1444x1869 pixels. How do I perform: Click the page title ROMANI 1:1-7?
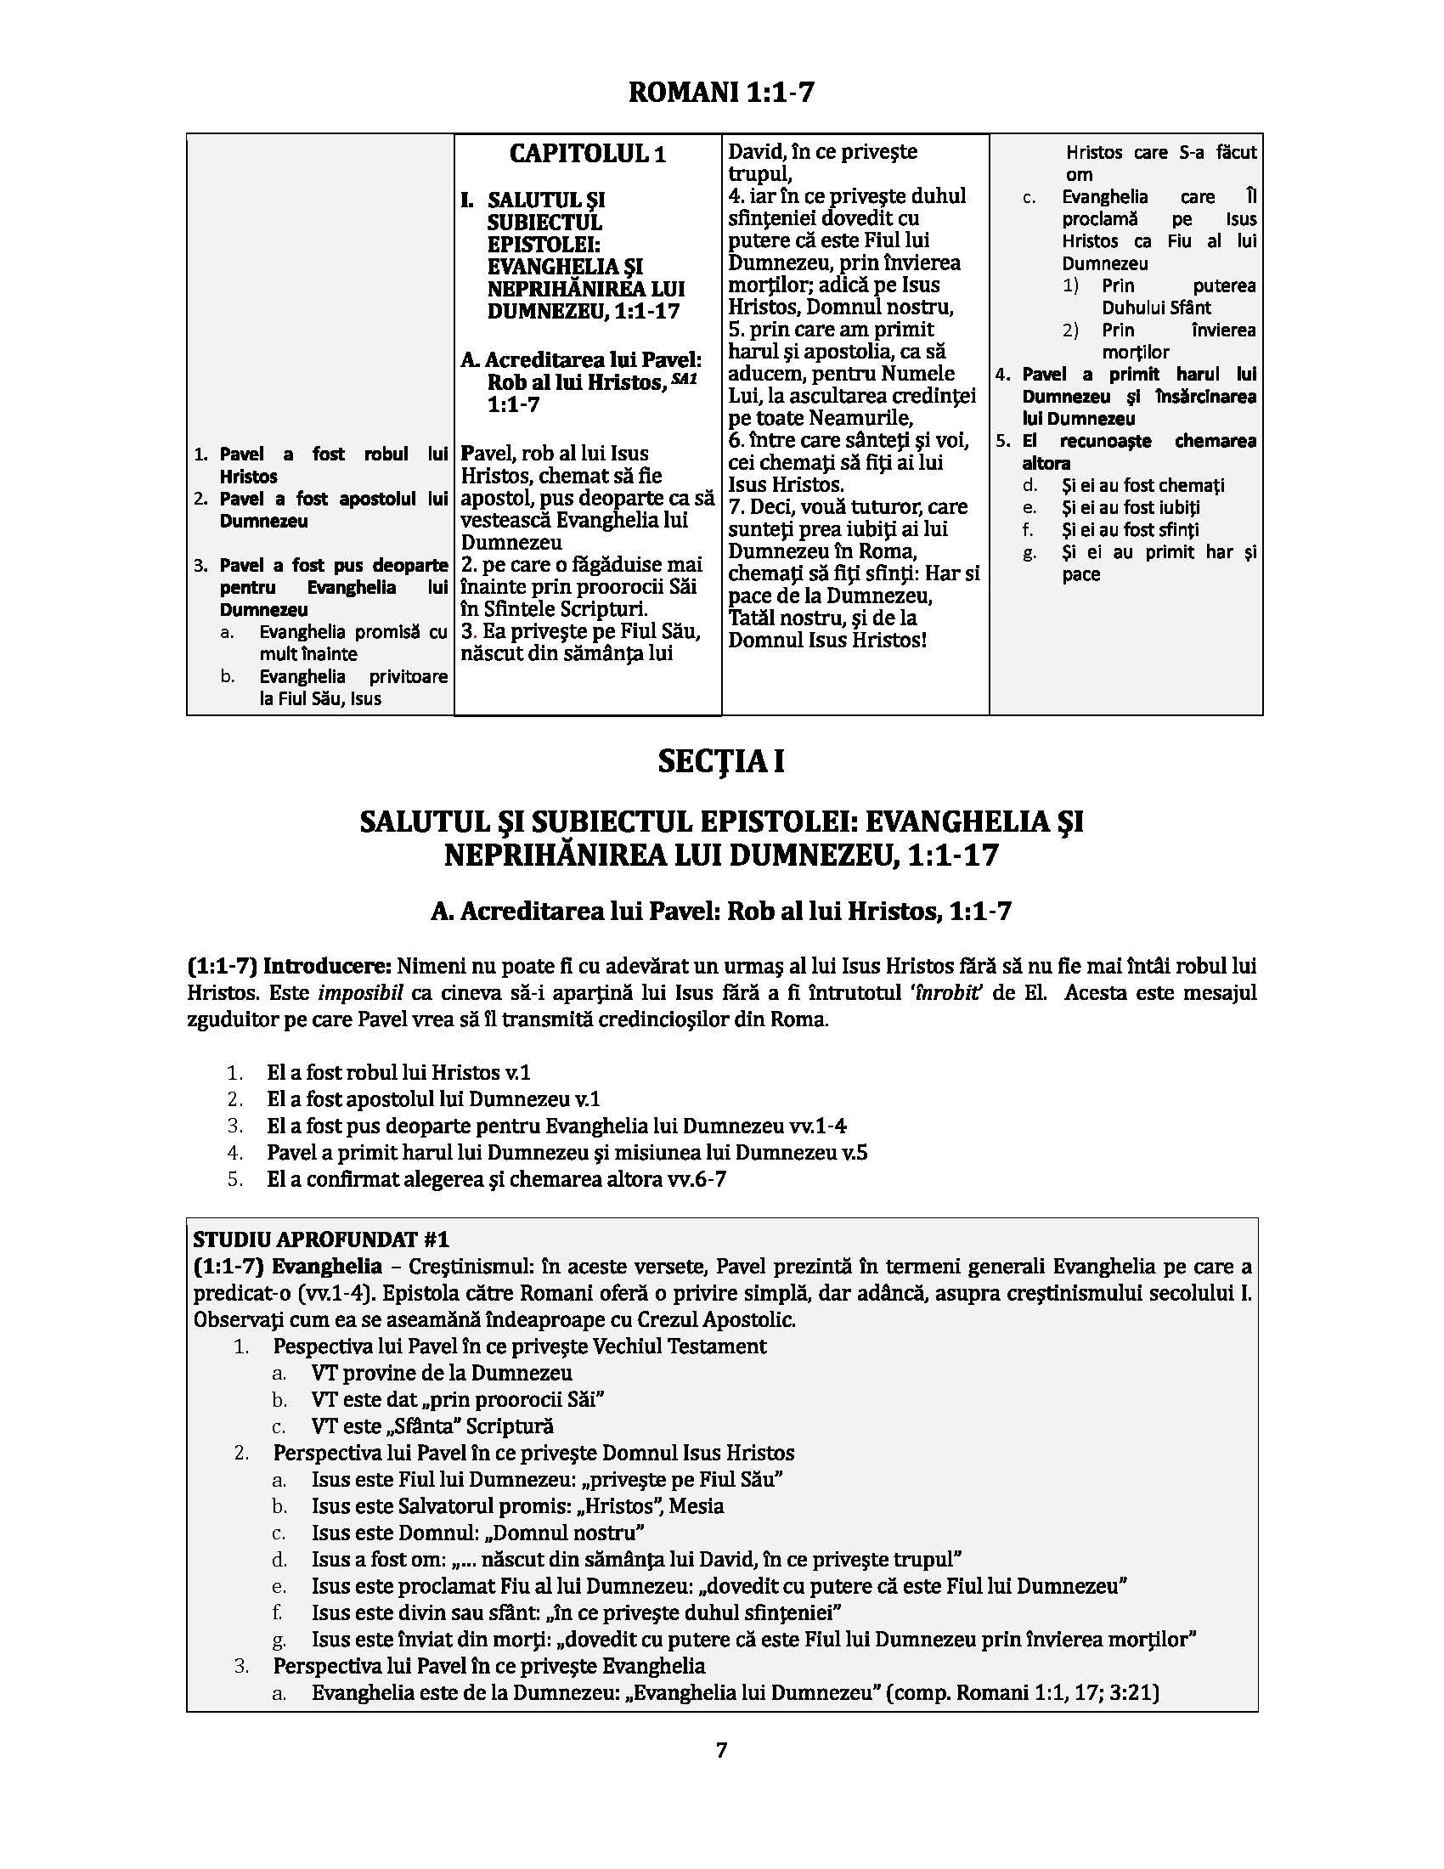pos(720,93)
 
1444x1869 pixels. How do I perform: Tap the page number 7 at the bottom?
pos(721,1750)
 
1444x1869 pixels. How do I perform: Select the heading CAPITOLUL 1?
pos(587,154)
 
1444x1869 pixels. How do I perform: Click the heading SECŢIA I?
pos(720,762)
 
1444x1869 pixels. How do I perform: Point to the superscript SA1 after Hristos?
pos(685,377)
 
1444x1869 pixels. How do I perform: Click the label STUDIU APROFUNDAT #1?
pos(321,1239)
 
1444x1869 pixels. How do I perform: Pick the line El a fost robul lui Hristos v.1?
pos(398,1072)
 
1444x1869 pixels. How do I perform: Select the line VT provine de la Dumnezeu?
pos(442,1373)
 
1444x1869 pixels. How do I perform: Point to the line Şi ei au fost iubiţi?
pos(1130,507)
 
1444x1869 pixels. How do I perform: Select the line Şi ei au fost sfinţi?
pos(1130,530)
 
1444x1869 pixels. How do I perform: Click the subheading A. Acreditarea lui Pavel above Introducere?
pos(720,912)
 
